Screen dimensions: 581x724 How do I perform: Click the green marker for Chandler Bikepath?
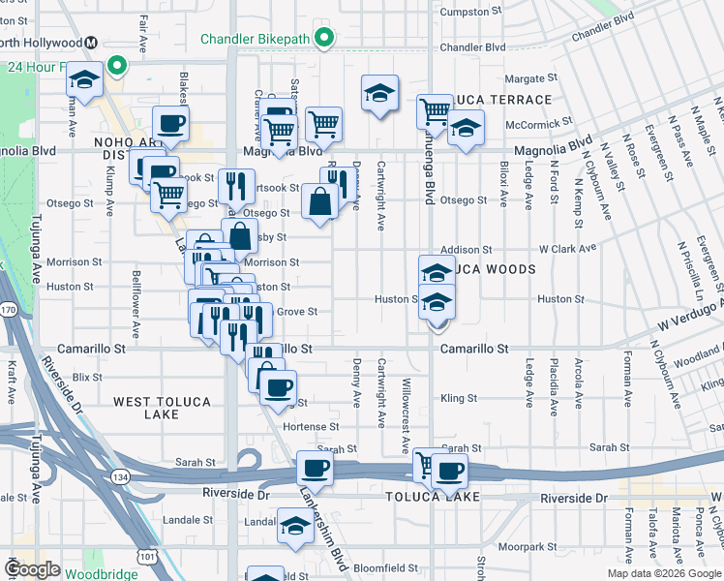[326, 40]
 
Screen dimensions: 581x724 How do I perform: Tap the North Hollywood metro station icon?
[91, 42]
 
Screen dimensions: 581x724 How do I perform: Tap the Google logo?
[32, 569]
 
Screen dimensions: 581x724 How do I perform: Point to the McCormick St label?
[539, 124]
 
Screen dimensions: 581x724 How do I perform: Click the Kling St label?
[459, 398]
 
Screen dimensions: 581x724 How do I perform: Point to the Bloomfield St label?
[385, 568]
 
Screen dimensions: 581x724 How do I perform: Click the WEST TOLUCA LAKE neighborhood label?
[146, 408]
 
